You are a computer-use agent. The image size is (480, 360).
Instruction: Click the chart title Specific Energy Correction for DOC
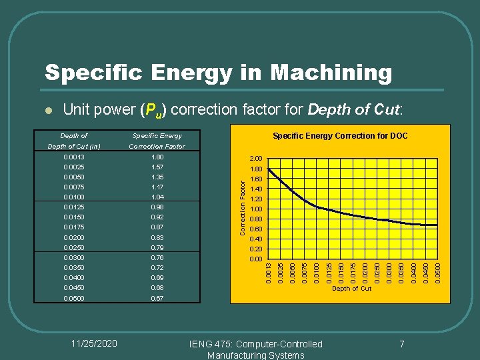[x=340, y=136]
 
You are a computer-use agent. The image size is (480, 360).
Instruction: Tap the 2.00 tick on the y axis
[x=256, y=159]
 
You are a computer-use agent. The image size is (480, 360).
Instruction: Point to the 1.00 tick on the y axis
[x=256, y=209]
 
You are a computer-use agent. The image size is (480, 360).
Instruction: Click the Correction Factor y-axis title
[x=243, y=201]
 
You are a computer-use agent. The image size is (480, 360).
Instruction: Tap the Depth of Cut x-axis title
[x=351, y=289]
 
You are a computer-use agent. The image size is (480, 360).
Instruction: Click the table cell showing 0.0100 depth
[x=73, y=197]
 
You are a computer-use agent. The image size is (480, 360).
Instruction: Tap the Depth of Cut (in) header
[x=73, y=147]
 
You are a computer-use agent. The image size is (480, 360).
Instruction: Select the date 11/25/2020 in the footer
[x=94, y=343]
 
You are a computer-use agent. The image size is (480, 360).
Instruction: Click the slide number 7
[x=402, y=344]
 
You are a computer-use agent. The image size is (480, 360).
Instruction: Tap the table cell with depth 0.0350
[x=73, y=267]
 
